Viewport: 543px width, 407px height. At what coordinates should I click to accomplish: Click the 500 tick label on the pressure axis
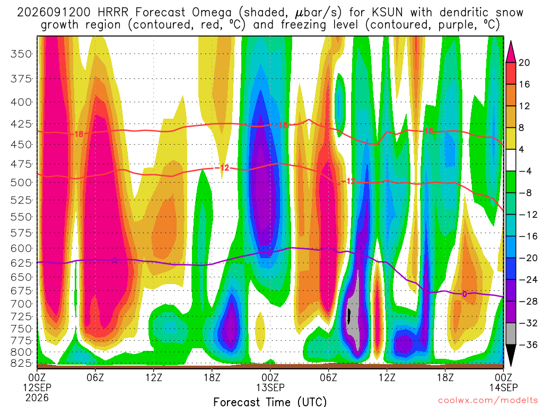click(21, 182)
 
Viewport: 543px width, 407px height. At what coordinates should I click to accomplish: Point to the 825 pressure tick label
click(21, 363)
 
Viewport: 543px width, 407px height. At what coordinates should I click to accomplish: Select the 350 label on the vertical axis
click(21, 54)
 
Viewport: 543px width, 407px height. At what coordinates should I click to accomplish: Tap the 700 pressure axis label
click(21, 304)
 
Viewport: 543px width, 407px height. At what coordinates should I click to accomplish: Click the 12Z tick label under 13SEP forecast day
click(387, 377)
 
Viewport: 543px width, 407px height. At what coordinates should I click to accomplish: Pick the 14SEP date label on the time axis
click(504, 387)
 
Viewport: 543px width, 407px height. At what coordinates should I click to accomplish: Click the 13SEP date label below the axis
click(270, 387)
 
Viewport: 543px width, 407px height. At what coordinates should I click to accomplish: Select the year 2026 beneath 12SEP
click(37, 397)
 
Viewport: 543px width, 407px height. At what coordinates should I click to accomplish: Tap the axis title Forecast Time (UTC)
click(270, 402)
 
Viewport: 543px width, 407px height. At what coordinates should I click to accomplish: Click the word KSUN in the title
click(387, 13)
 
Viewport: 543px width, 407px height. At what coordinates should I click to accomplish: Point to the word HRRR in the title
click(113, 13)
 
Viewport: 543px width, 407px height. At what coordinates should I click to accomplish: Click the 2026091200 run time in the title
click(54, 13)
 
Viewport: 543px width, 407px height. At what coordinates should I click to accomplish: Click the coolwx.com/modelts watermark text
click(488, 401)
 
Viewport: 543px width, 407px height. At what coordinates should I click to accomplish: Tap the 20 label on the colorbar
click(524, 63)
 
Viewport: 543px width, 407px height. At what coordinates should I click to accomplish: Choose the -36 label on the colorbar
click(528, 344)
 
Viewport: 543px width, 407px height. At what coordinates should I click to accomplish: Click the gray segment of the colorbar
click(511, 334)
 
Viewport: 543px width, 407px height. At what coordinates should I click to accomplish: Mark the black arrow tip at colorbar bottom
click(511, 366)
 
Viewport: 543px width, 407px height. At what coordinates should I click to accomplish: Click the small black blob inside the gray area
click(349, 316)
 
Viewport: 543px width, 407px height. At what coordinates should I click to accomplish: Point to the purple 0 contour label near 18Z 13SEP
click(464, 294)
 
